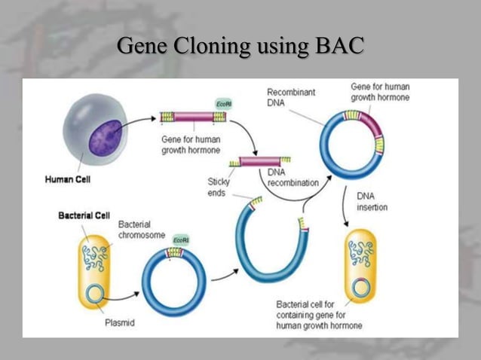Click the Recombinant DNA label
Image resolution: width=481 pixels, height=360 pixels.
click(291, 97)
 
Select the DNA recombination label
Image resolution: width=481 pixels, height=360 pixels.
click(293, 178)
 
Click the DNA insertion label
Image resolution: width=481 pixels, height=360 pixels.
click(372, 201)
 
